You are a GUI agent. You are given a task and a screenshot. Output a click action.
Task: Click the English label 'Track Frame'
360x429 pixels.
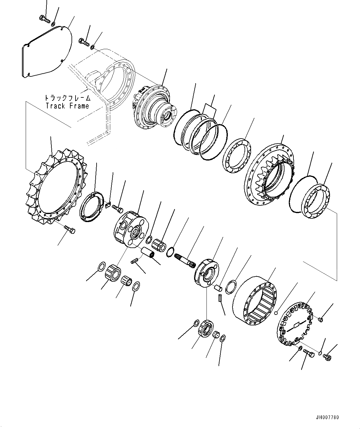tap(67, 106)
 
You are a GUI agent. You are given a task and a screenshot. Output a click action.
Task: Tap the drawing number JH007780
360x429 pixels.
tap(328, 417)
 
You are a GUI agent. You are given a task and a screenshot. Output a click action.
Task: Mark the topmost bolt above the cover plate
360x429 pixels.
tap(45, 19)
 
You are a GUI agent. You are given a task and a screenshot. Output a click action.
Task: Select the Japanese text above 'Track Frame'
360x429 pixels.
tap(67, 98)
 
